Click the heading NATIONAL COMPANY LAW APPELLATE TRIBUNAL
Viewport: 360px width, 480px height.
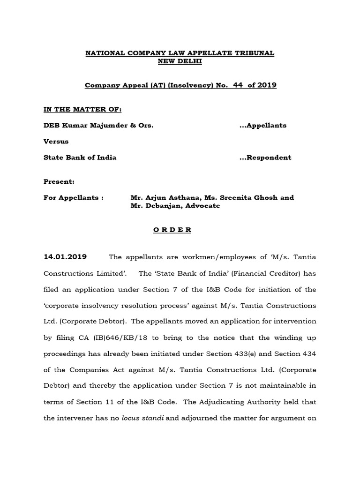pyautogui.click(x=180, y=53)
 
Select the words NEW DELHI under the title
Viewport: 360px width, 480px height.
pyautogui.click(x=180, y=62)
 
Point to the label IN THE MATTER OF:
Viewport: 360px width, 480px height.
pyautogui.click(x=82, y=109)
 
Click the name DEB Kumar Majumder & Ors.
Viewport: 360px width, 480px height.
pyautogui.click(x=98, y=125)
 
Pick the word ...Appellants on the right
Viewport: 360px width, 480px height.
pyautogui.click(x=262, y=125)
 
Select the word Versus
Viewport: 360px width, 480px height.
pyautogui.click(x=56, y=141)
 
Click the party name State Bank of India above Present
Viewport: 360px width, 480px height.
pyautogui.click(x=80, y=157)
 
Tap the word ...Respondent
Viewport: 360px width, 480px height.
pyautogui.click(x=265, y=157)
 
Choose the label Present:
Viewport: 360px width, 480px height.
pyautogui.click(x=59, y=181)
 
